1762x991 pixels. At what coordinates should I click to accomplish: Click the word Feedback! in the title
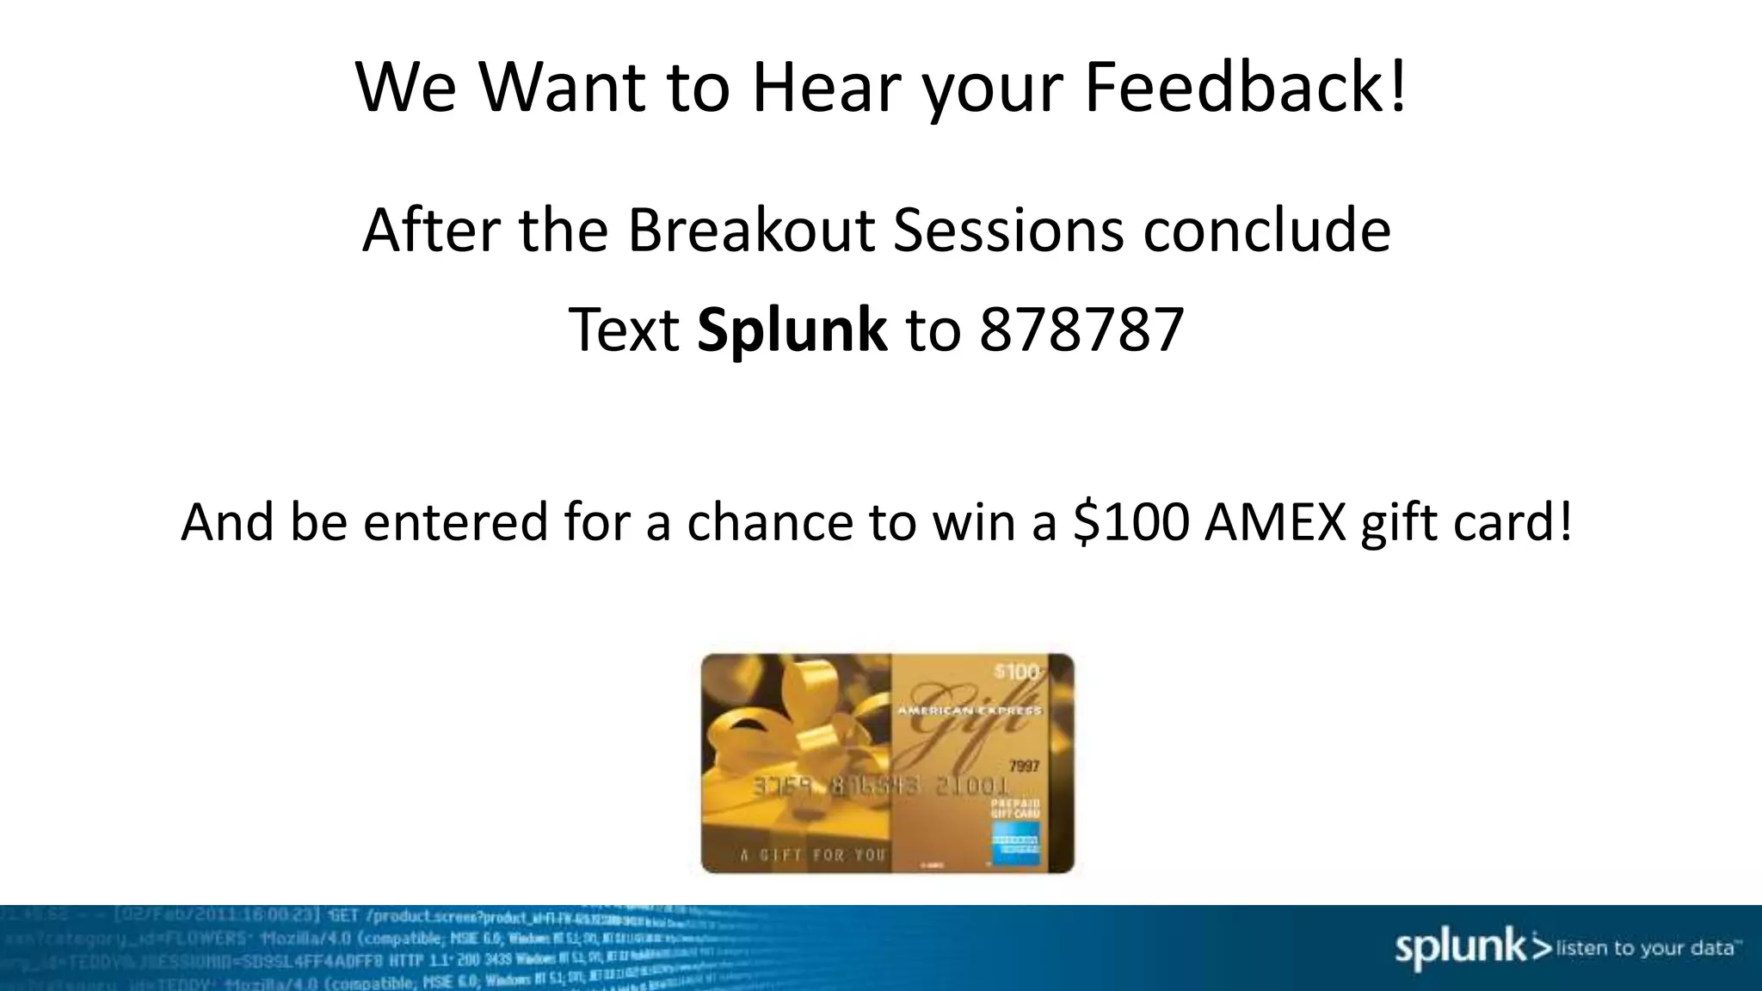[1245, 87]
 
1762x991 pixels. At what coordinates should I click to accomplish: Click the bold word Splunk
[792, 330]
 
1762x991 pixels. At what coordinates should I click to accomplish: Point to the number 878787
[1081, 330]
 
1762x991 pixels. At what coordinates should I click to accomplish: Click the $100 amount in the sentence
[1131, 521]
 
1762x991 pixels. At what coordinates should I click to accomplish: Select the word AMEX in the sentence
[1275, 521]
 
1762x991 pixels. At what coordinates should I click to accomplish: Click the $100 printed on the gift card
[1016, 672]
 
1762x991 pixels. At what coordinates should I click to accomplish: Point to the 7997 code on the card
[1023, 766]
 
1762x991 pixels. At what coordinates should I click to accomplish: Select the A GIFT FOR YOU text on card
[812, 855]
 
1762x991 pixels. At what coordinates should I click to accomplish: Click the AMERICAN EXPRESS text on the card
[969, 711]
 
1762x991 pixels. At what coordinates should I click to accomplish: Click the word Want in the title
[561, 87]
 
